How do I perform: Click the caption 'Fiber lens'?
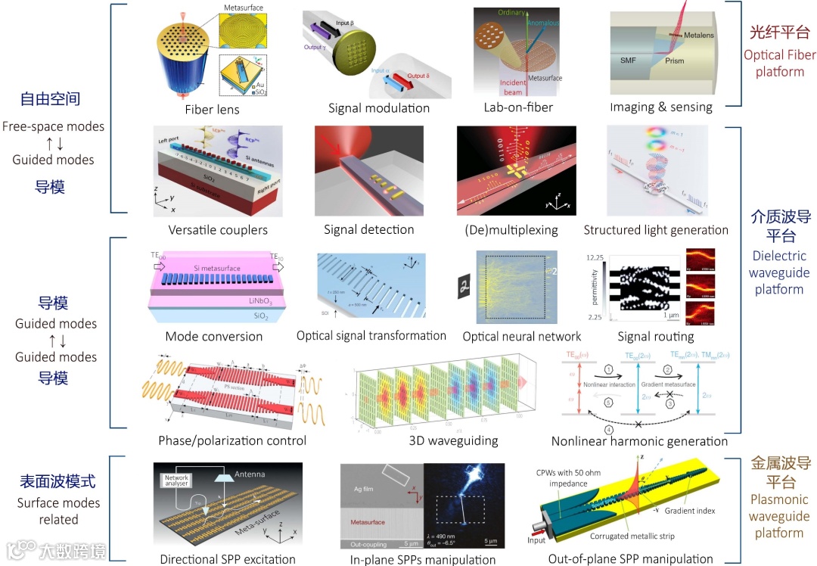click(x=212, y=109)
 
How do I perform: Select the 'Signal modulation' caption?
click(x=378, y=107)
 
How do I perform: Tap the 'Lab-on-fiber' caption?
click(x=519, y=107)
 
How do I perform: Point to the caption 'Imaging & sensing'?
click(x=661, y=107)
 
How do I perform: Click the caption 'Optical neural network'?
click(x=521, y=336)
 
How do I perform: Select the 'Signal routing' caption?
click(x=655, y=336)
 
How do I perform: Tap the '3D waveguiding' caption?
click(x=443, y=440)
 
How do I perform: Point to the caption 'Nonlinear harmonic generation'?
click(x=639, y=440)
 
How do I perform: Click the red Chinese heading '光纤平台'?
click(x=779, y=33)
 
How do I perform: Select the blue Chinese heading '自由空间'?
click(x=50, y=99)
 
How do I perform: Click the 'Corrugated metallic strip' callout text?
click(x=632, y=536)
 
